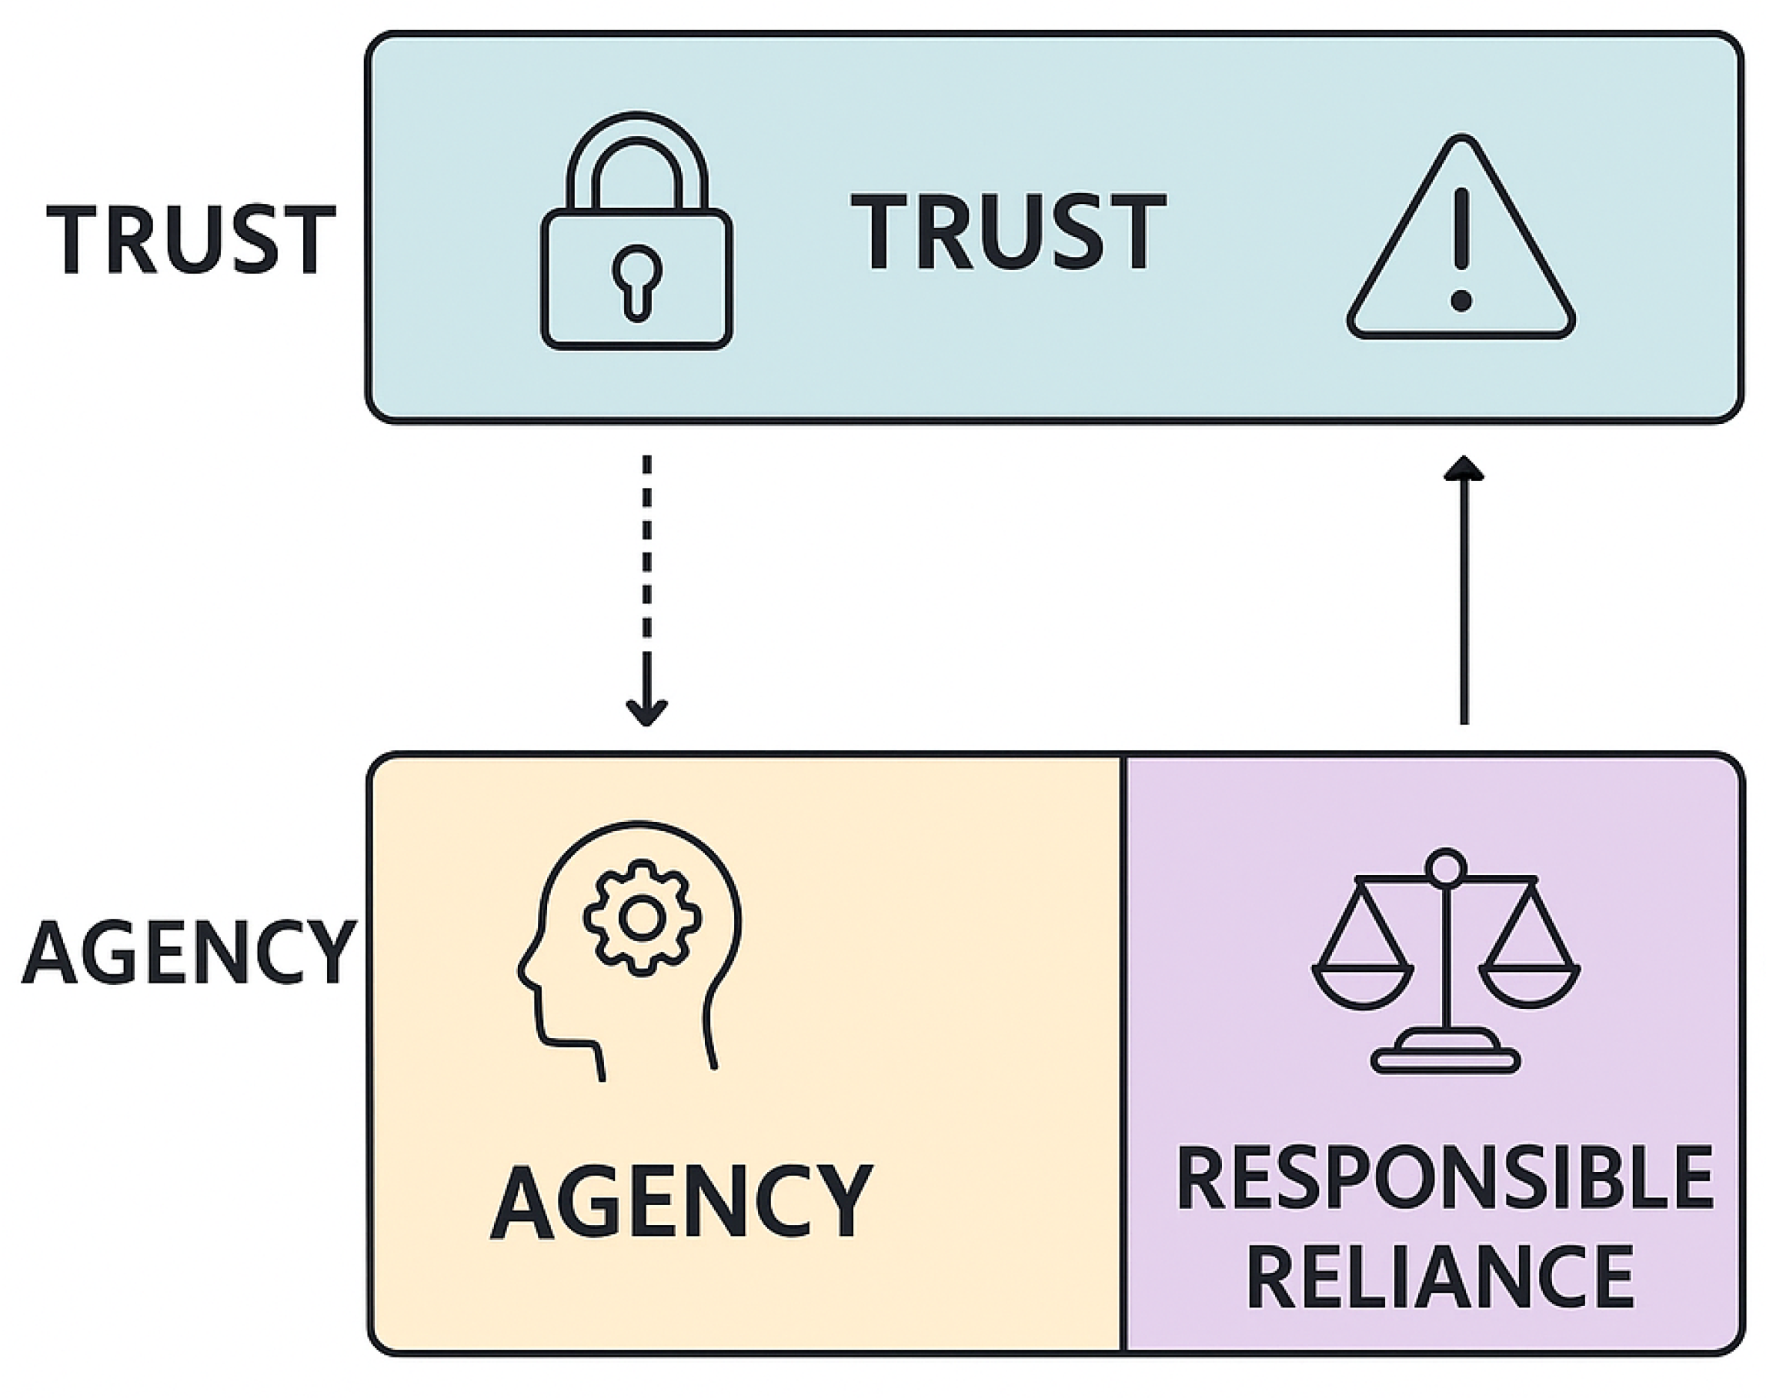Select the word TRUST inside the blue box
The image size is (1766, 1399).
pyautogui.click(x=1008, y=230)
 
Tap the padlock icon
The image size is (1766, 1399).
pyautogui.click(x=636, y=230)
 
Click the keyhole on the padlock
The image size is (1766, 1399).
pyautogui.click(x=637, y=281)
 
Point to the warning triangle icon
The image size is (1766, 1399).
pyautogui.click(x=1461, y=238)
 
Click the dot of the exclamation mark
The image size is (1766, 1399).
pyautogui.click(x=1461, y=301)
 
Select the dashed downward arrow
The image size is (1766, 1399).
pyautogui.click(x=647, y=589)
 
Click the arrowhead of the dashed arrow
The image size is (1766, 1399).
pyautogui.click(x=647, y=713)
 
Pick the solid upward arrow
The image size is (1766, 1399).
pyautogui.click(x=1464, y=589)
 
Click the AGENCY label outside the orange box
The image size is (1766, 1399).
pyautogui.click(x=189, y=953)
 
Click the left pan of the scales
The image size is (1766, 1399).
pyautogui.click(x=1362, y=987)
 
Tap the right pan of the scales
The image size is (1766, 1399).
pyautogui.click(x=1529, y=987)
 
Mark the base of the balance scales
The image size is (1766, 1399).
pyautogui.click(x=1446, y=1053)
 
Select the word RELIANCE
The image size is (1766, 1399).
pyautogui.click(x=1440, y=1276)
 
